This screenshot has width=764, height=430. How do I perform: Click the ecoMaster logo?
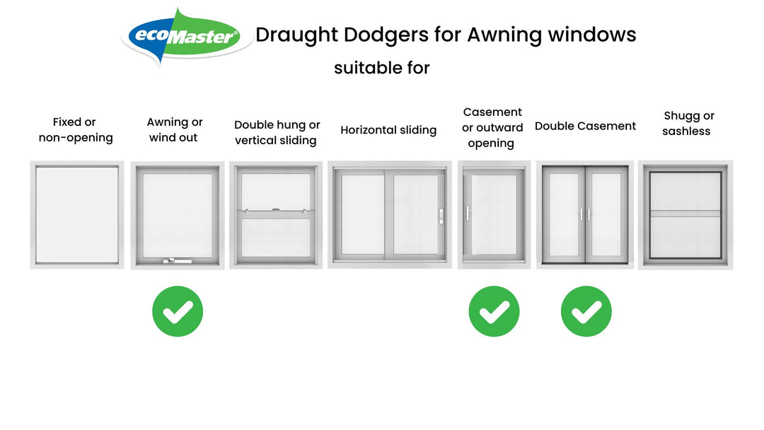pos(187,36)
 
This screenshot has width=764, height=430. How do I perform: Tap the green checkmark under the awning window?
pos(178,311)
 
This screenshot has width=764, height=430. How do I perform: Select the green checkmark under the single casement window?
pos(494,311)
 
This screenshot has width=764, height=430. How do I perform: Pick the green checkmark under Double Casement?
pos(586,311)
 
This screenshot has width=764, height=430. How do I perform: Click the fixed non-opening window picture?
pos(77,215)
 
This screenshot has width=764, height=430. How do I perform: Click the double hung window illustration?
pos(276,215)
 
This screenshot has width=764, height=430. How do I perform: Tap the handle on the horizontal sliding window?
pos(441,214)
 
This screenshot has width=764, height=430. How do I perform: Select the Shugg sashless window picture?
pos(685,215)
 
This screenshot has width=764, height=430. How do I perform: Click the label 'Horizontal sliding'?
pos(388,130)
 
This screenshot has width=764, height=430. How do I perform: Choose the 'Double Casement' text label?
pos(585,126)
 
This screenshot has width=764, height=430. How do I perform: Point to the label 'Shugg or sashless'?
pos(687,123)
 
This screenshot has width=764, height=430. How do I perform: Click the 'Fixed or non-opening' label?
pos(75,130)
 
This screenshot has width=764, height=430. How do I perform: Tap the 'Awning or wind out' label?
pos(174,130)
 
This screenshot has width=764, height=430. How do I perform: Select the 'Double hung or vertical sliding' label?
pos(277,133)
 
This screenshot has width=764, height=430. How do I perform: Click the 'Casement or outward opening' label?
pos(492,127)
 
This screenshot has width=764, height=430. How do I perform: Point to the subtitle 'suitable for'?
pos(382,68)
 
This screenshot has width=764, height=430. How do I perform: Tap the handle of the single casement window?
pos(468,213)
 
